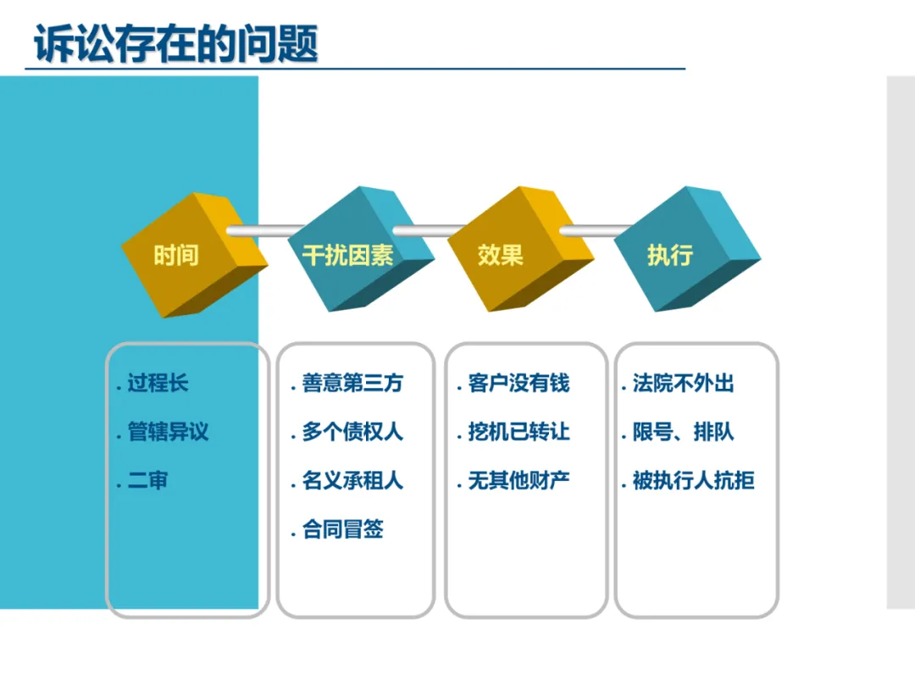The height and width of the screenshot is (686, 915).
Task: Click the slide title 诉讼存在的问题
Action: pyautogui.click(x=175, y=44)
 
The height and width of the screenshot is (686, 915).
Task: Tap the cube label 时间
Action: pyautogui.click(x=176, y=256)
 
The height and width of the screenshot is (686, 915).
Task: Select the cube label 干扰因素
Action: pyautogui.click(x=348, y=256)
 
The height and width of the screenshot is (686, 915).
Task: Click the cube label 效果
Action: pyautogui.click(x=500, y=256)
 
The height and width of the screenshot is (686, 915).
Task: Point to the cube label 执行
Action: pyautogui.click(x=670, y=256)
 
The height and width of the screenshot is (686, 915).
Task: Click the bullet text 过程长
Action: pyautogui.click(x=158, y=384)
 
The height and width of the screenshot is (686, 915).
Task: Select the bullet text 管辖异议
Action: pyautogui.click(x=168, y=432)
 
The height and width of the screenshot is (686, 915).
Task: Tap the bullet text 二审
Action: pyautogui.click(x=147, y=481)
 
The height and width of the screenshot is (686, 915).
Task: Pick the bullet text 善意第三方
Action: pyautogui.click(x=352, y=384)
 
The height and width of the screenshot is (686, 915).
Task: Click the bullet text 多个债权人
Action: pyautogui.click(x=352, y=432)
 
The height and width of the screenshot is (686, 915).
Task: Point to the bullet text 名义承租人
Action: pyautogui.click(x=352, y=481)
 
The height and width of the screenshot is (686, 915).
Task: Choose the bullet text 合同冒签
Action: pyautogui.click(x=342, y=529)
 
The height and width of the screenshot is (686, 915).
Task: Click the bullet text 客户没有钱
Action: pyautogui.click(x=518, y=384)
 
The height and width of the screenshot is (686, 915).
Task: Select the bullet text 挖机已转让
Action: pyautogui.click(x=518, y=432)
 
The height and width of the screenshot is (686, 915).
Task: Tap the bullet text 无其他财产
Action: pyautogui.click(x=518, y=481)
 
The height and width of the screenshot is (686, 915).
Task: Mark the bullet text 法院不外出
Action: pyautogui.click(x=684, y=384)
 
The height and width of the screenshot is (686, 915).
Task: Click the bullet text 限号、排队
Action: pyautogui.click(x=684, y=432)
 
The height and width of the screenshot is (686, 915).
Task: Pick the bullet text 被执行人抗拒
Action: pyautogui.click(x=694, y=481)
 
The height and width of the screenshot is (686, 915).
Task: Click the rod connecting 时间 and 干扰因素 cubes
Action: pyautogui.click(x=266, y=231)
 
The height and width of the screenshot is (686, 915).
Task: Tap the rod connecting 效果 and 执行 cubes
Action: pyautogui.click(x=596, y=231)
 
